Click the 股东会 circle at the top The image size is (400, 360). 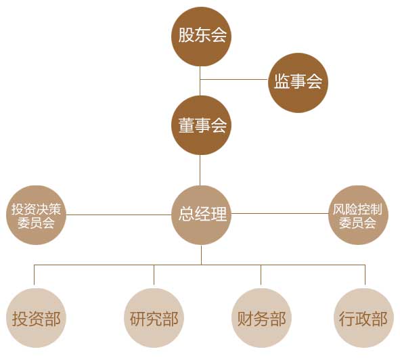point(201,37)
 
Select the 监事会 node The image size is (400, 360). point(298,83)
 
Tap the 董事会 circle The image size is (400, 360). point(201,125)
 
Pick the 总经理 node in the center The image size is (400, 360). point(201,215)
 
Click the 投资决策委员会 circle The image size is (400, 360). point(36,215)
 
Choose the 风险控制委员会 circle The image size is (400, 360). point(358,215)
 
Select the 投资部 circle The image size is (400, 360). point(36,318)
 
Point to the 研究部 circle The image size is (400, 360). point(154,318)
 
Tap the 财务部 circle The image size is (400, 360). point(261,318)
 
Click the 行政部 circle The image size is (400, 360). point(363,318)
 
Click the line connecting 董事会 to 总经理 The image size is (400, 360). point(200,171)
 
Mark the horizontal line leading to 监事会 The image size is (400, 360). point(234,79)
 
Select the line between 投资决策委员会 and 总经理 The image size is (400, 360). point(118,215)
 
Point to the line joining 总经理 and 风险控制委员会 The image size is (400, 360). point(280,214)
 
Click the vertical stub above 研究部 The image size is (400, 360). point(154,275)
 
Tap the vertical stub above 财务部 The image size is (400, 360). point(261,275)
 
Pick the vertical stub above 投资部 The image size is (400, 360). point(35,275)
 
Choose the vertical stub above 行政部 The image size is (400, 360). point(365,275)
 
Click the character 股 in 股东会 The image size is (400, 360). point(186,35)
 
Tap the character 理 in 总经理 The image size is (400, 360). point(219,214)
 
